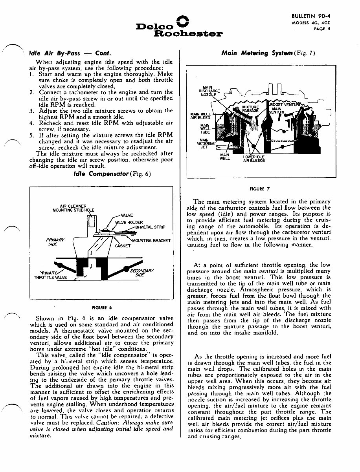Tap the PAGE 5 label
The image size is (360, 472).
[321, 28]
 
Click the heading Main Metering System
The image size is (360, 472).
[257, 53]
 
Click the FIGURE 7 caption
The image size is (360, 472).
[260, 188]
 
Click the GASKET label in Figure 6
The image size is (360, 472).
[122, 246]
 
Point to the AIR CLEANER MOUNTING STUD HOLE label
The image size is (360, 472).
[73, 208]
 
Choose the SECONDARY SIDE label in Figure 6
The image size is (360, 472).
[141, 273]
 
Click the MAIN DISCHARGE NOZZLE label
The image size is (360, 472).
[207, 91]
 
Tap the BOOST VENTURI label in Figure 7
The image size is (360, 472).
[285, 104]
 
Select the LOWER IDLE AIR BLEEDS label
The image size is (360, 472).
[254, 159]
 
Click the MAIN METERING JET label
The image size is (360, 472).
[206, 143]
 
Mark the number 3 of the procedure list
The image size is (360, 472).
[31, 111]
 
